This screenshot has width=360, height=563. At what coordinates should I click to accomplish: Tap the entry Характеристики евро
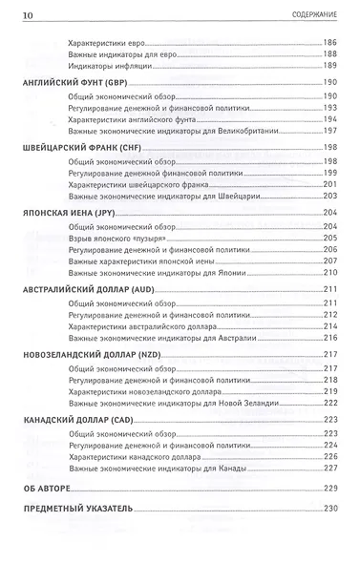click(104, 43)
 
